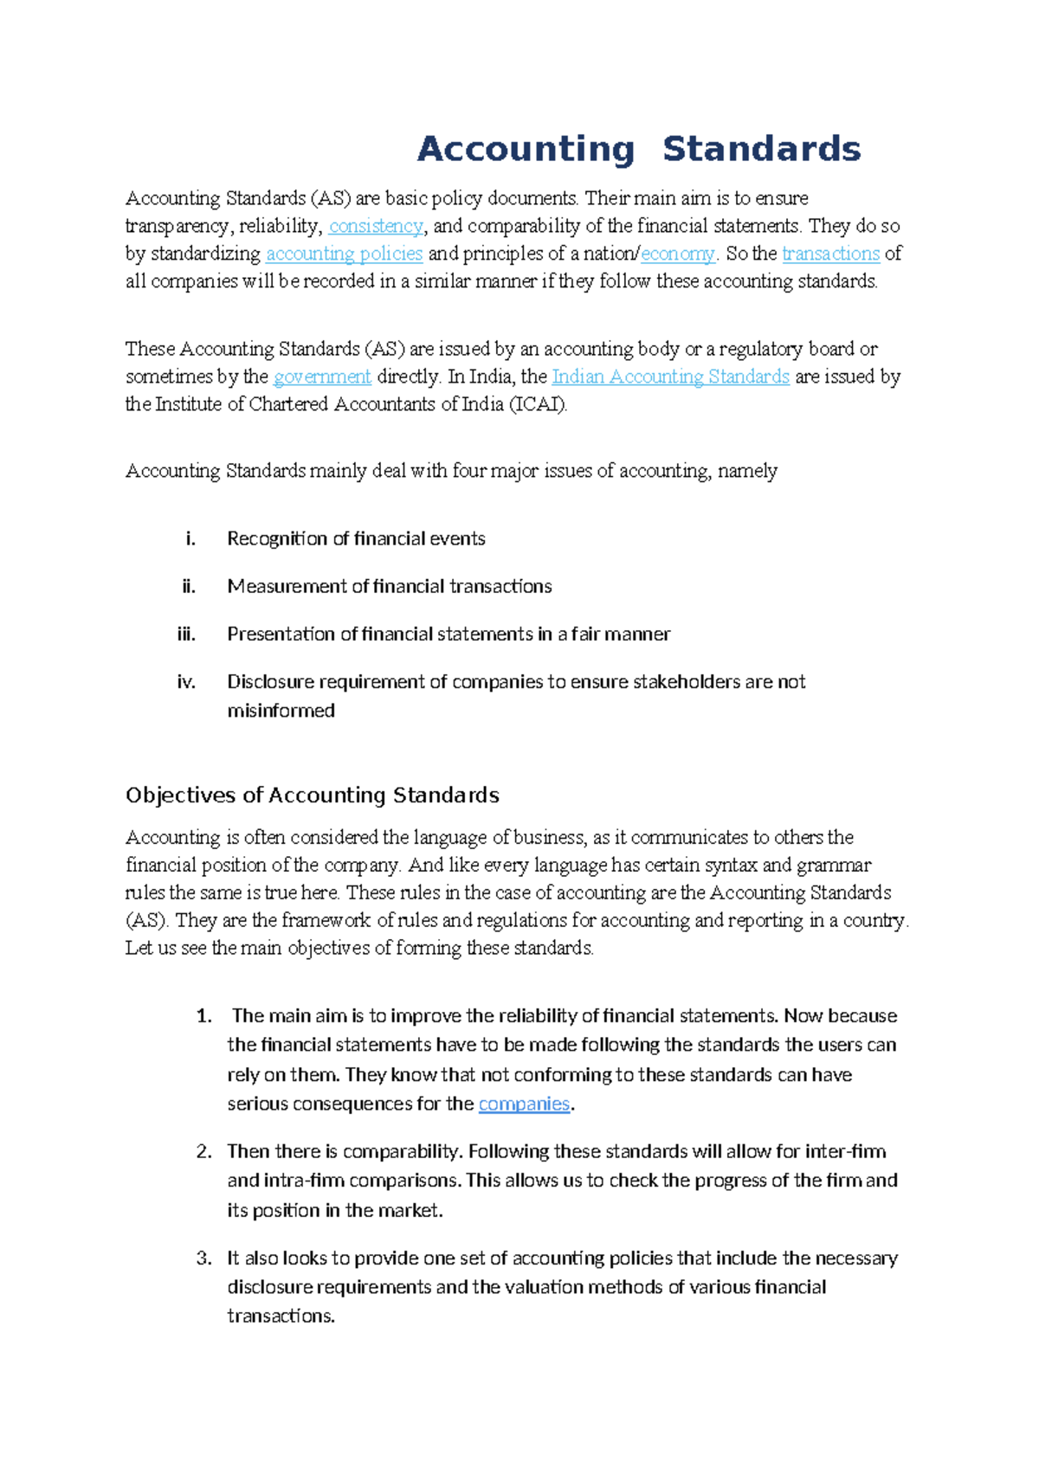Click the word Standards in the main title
761,149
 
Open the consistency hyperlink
376,227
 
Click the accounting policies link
344,254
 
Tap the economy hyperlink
678,254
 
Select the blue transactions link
830,254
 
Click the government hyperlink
322,377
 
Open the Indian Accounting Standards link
670,377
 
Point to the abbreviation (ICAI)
539,405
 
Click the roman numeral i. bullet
190,539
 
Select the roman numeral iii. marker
186,634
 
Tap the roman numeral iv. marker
186,682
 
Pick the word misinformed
281,711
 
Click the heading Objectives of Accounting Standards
312,795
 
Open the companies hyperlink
524,1104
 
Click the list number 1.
204,1016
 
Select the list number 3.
204,1259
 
